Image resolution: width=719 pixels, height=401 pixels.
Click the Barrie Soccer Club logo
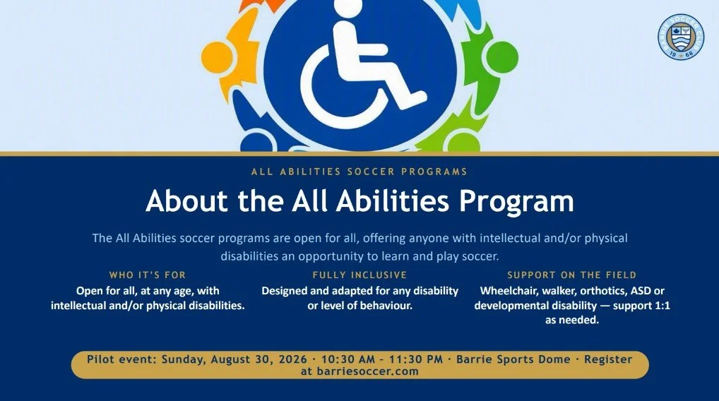coord(680,37)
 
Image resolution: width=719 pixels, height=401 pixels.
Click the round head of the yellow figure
coord(215,56)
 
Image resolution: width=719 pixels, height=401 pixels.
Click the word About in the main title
coord(186,200)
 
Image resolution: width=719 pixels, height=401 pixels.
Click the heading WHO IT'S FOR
coord(147,275)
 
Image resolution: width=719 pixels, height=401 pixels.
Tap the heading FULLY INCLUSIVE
coord(359,275)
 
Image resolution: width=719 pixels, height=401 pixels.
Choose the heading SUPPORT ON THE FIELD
coord(572,275)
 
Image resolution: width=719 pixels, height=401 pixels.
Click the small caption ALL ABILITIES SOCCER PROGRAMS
coord(359,172)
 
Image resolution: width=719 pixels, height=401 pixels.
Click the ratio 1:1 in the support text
coord(661,306)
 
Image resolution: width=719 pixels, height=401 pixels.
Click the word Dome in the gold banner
coord(554,359)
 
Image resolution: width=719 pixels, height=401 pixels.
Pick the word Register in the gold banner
coord(608,360)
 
